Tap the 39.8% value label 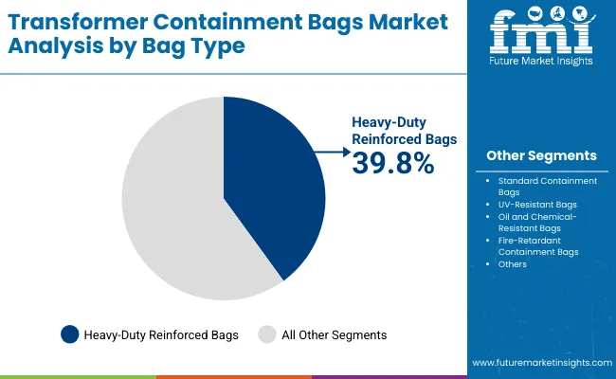(x=393, y=163)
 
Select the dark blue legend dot (x=70, y=334)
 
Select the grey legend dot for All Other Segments (x=267, y=334)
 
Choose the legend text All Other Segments (x=333, y=334)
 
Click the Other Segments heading (x=541, y=155)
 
